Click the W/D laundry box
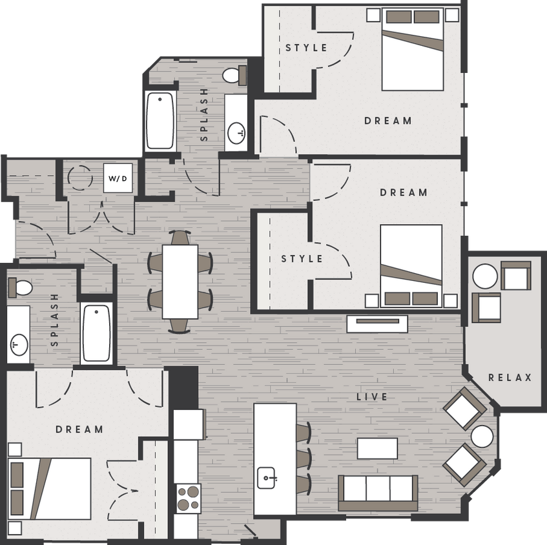tap(118, 178)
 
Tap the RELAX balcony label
tap(510, 378)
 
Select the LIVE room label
tap(371, 396)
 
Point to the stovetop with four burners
tap(187, 498)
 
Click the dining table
tap(180, 282)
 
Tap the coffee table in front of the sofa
tap(377, 448)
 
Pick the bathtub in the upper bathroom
tap(160, 120)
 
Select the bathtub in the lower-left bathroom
tap(96, 333)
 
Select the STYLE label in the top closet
tap(307, 48)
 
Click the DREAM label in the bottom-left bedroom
tap(79, 429)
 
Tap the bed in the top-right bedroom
tap(413, 50)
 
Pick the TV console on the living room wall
tap(377, 324)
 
